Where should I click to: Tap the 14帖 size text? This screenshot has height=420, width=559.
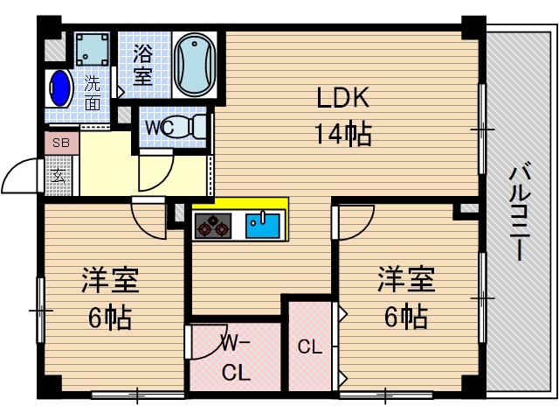point(342,134)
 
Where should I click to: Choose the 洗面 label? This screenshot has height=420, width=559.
point(92,93)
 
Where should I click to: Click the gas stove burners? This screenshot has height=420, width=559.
point(212,228)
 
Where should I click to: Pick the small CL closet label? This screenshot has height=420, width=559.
point(310,347)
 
